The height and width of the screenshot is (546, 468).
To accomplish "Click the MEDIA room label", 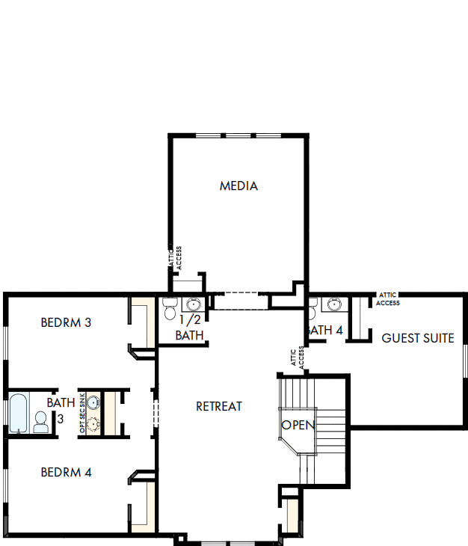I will coord(238,185).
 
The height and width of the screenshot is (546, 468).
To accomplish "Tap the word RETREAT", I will coord(219,406).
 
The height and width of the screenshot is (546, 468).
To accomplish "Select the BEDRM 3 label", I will coord(66,323).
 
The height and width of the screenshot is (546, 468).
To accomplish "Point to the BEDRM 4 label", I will coord(66,472).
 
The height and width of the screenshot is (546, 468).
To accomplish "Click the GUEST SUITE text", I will coord(417,338).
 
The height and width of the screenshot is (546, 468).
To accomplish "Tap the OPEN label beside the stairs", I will coord(298,425).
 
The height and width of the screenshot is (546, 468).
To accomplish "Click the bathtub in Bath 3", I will coord(18,414).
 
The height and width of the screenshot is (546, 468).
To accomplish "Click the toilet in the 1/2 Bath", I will coord(169,307).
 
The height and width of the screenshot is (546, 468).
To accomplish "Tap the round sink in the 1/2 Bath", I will coord(193,305).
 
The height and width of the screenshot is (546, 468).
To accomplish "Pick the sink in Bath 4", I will coord(333,304).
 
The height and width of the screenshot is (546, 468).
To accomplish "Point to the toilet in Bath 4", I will coord(312,305).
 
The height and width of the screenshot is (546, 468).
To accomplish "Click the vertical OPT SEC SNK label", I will coord(82,414).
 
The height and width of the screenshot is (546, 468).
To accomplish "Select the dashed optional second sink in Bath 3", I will coord(93,425).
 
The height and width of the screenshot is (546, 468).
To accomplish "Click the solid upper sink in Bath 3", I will coord(93,403).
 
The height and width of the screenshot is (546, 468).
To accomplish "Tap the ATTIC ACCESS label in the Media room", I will coord(174,258).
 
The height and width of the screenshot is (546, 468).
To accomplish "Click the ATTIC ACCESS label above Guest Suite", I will coord(387,299).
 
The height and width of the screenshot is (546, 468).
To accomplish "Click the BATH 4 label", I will coord(325,330).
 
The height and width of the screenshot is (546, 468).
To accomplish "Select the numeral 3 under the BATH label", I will coord(60,418).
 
